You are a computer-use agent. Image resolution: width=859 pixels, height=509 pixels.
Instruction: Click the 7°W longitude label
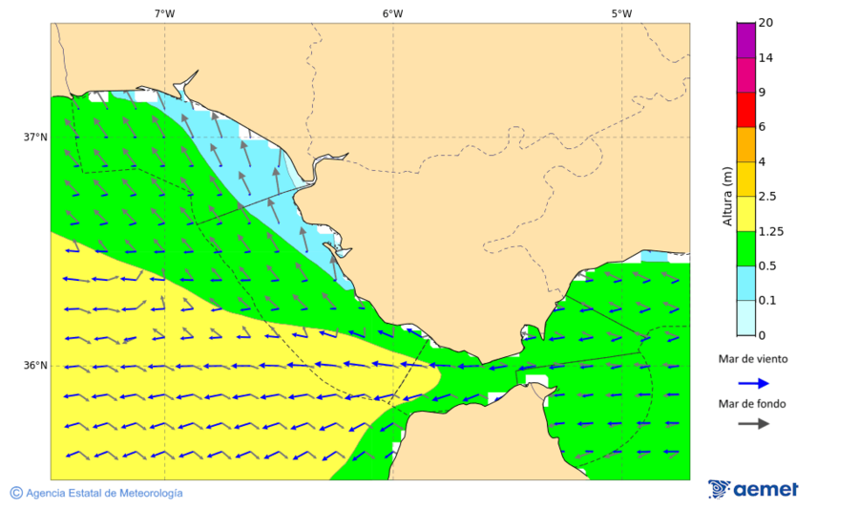(x=164, y=13)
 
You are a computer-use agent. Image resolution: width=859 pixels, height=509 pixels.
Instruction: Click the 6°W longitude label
(x=392, y=13)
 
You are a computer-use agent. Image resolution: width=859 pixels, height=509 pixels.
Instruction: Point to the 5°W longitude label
(x=621, y=13)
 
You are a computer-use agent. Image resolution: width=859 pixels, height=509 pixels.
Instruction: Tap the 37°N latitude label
(x=35, y=138)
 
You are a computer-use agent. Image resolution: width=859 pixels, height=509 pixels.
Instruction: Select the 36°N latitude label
(x=35, y=366)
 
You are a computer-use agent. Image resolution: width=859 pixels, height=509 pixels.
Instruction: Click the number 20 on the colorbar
(x=765, y=23)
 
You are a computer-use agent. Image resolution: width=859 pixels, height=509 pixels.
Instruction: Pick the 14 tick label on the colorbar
(x=765, y=58)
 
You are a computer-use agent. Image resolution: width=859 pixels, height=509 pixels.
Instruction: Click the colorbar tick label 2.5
(x=766, y=197)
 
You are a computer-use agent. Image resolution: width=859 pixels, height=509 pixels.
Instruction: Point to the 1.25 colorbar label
(x=769, y=231)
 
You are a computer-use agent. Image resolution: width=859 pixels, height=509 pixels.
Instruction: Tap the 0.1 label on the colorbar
(x=766, y=301)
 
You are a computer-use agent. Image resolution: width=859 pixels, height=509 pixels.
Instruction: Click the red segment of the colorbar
(x=745, y=110)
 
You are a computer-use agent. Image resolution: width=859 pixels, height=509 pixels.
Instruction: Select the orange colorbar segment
(x=745, y=144)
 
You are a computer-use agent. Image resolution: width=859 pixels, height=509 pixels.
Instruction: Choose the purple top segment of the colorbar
(x=745, y=40)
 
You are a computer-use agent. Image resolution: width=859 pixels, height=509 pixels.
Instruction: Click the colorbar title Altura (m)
(x=728, y=197)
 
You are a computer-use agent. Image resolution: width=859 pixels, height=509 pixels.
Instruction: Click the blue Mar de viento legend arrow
(x=754, y=383)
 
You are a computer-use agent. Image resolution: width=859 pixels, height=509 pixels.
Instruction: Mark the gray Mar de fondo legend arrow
(x=754, y=423)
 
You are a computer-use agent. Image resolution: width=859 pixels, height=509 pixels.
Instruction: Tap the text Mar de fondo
(x=753, y=404)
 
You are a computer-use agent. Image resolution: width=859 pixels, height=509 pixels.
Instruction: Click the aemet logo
(x=753, y=489)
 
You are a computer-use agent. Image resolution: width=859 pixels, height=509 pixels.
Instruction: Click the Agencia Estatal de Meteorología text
(x=104, y=493)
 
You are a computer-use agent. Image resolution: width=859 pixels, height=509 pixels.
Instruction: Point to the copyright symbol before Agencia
(x=16, y=493)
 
